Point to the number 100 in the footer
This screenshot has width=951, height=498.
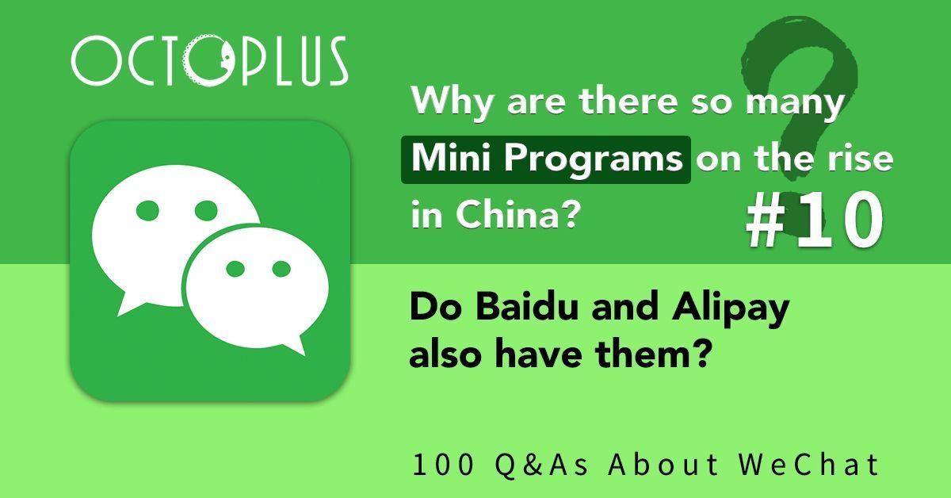pos(435,465)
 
